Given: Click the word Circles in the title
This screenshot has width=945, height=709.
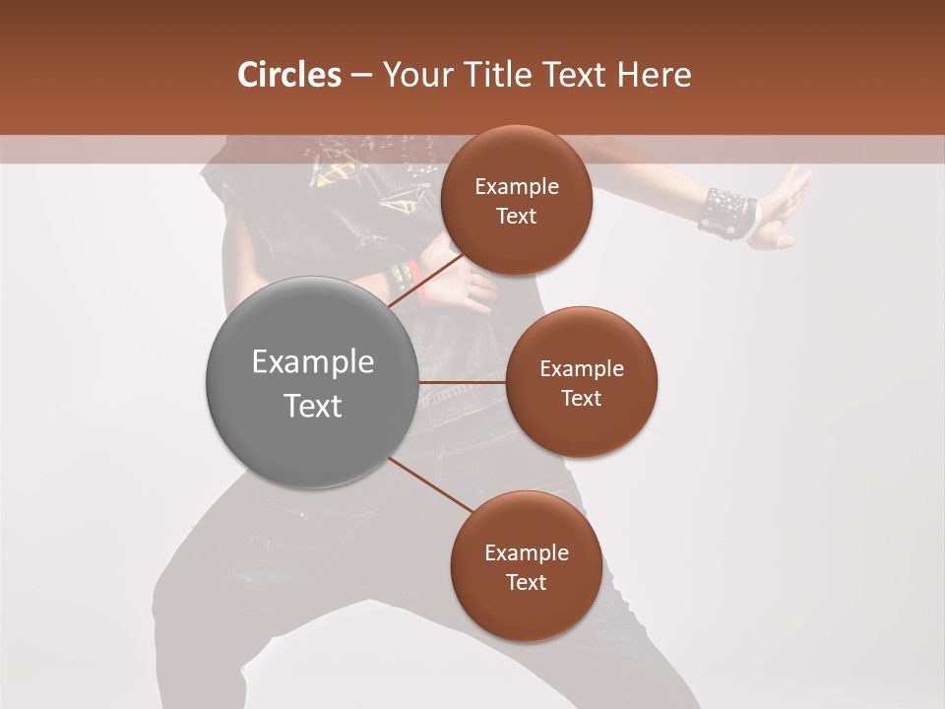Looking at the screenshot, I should pyautogui.click(x=289, y=75).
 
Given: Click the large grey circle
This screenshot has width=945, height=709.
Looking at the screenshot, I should pyautogui.click(x=312, y=382).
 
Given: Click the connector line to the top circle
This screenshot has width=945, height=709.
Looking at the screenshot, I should pyautogui.click(x=426, y=281).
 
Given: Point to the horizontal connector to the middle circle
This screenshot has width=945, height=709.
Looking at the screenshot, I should pyautogui.click(x=462, y=382).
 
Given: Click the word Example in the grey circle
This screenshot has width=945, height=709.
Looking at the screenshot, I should pyautogui.click(x=312, y=362).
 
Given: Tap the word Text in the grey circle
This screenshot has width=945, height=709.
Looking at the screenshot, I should pyautogui.click(x=312, y=406).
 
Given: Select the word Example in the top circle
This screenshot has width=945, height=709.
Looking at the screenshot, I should pyautogui.click(x=516, y=187).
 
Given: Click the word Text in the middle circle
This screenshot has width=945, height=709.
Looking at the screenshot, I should pyautogui.click(x=581, y=398).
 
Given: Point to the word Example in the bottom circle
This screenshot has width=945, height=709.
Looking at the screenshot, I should pyautogui.click(x=526, y=552).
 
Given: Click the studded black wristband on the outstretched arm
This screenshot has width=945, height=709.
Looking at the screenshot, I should pyautogui.click(x=724, y=211).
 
